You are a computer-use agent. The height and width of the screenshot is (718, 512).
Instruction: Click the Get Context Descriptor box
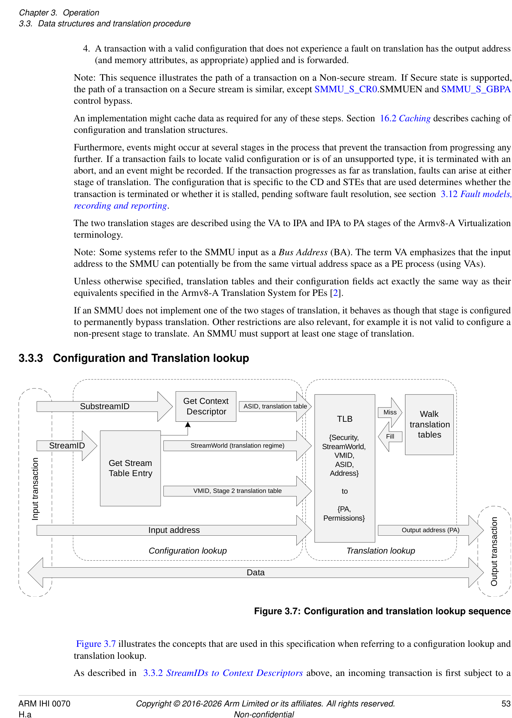206,406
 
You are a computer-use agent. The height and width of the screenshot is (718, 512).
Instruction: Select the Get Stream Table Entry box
130,468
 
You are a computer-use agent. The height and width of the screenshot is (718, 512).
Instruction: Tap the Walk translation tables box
429,425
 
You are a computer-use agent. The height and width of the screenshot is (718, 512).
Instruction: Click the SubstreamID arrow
105,406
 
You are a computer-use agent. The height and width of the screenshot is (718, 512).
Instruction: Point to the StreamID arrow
67,446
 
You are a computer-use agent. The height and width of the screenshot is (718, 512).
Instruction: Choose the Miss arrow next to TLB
390,412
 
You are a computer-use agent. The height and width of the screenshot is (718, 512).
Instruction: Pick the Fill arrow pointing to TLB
390,436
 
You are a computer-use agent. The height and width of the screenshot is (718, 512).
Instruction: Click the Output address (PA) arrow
430,530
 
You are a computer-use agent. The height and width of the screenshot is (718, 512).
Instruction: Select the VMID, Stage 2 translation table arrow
237,491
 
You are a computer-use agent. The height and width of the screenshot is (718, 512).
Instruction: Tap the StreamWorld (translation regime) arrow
237,446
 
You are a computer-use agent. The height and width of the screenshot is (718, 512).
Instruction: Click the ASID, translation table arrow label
275,406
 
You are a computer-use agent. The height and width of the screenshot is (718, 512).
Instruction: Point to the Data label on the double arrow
256,573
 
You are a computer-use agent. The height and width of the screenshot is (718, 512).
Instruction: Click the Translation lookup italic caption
380,551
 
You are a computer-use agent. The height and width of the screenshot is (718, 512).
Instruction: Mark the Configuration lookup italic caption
188,551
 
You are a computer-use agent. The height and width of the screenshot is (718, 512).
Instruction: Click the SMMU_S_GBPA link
476,89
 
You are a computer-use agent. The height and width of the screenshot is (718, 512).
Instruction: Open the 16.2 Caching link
405,118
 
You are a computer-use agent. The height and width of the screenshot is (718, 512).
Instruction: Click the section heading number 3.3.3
31,358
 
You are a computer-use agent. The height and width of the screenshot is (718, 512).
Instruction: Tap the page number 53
506,704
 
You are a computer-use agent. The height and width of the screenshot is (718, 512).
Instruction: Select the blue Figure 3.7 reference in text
96,644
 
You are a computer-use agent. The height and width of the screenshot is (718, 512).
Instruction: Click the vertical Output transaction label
494,551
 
